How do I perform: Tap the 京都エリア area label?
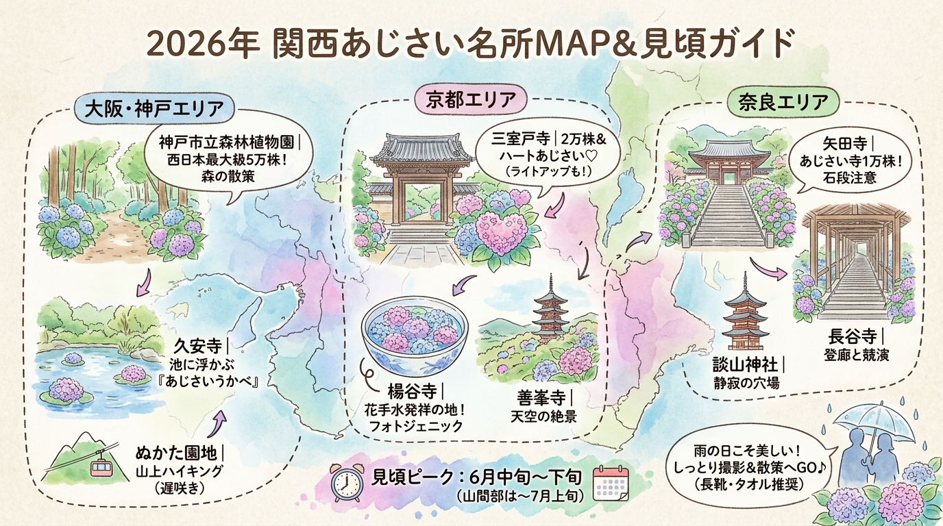[x=471, y=100]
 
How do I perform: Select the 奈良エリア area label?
[x=783, y=102]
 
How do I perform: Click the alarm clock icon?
[x=347, y=482]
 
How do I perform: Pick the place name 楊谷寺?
[x=411, y=393]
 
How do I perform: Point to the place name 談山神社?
[x=746, y=365]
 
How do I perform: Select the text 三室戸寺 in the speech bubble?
[x=520, y=139]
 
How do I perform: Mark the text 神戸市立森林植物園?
[x=226, y=143]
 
